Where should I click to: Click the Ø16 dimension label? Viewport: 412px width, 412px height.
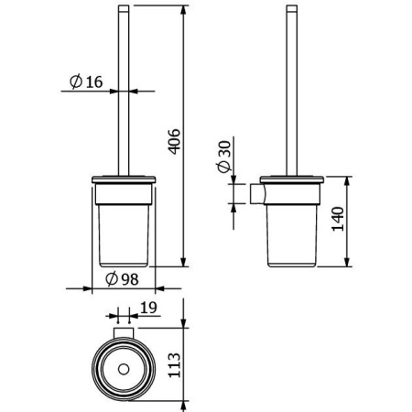[86, 81]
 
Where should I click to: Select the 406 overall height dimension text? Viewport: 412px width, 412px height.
[175, 141]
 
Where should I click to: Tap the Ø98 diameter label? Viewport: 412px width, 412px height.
[122, 279]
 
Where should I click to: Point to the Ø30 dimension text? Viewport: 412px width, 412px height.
[223, 157]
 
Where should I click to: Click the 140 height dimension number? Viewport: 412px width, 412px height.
[338, 219]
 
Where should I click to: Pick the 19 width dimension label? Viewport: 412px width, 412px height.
[149, 308]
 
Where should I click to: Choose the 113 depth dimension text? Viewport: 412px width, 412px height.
[175, 365]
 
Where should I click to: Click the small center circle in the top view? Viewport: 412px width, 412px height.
[124, 370]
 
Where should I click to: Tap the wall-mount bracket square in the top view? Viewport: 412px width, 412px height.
[124, 333]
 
